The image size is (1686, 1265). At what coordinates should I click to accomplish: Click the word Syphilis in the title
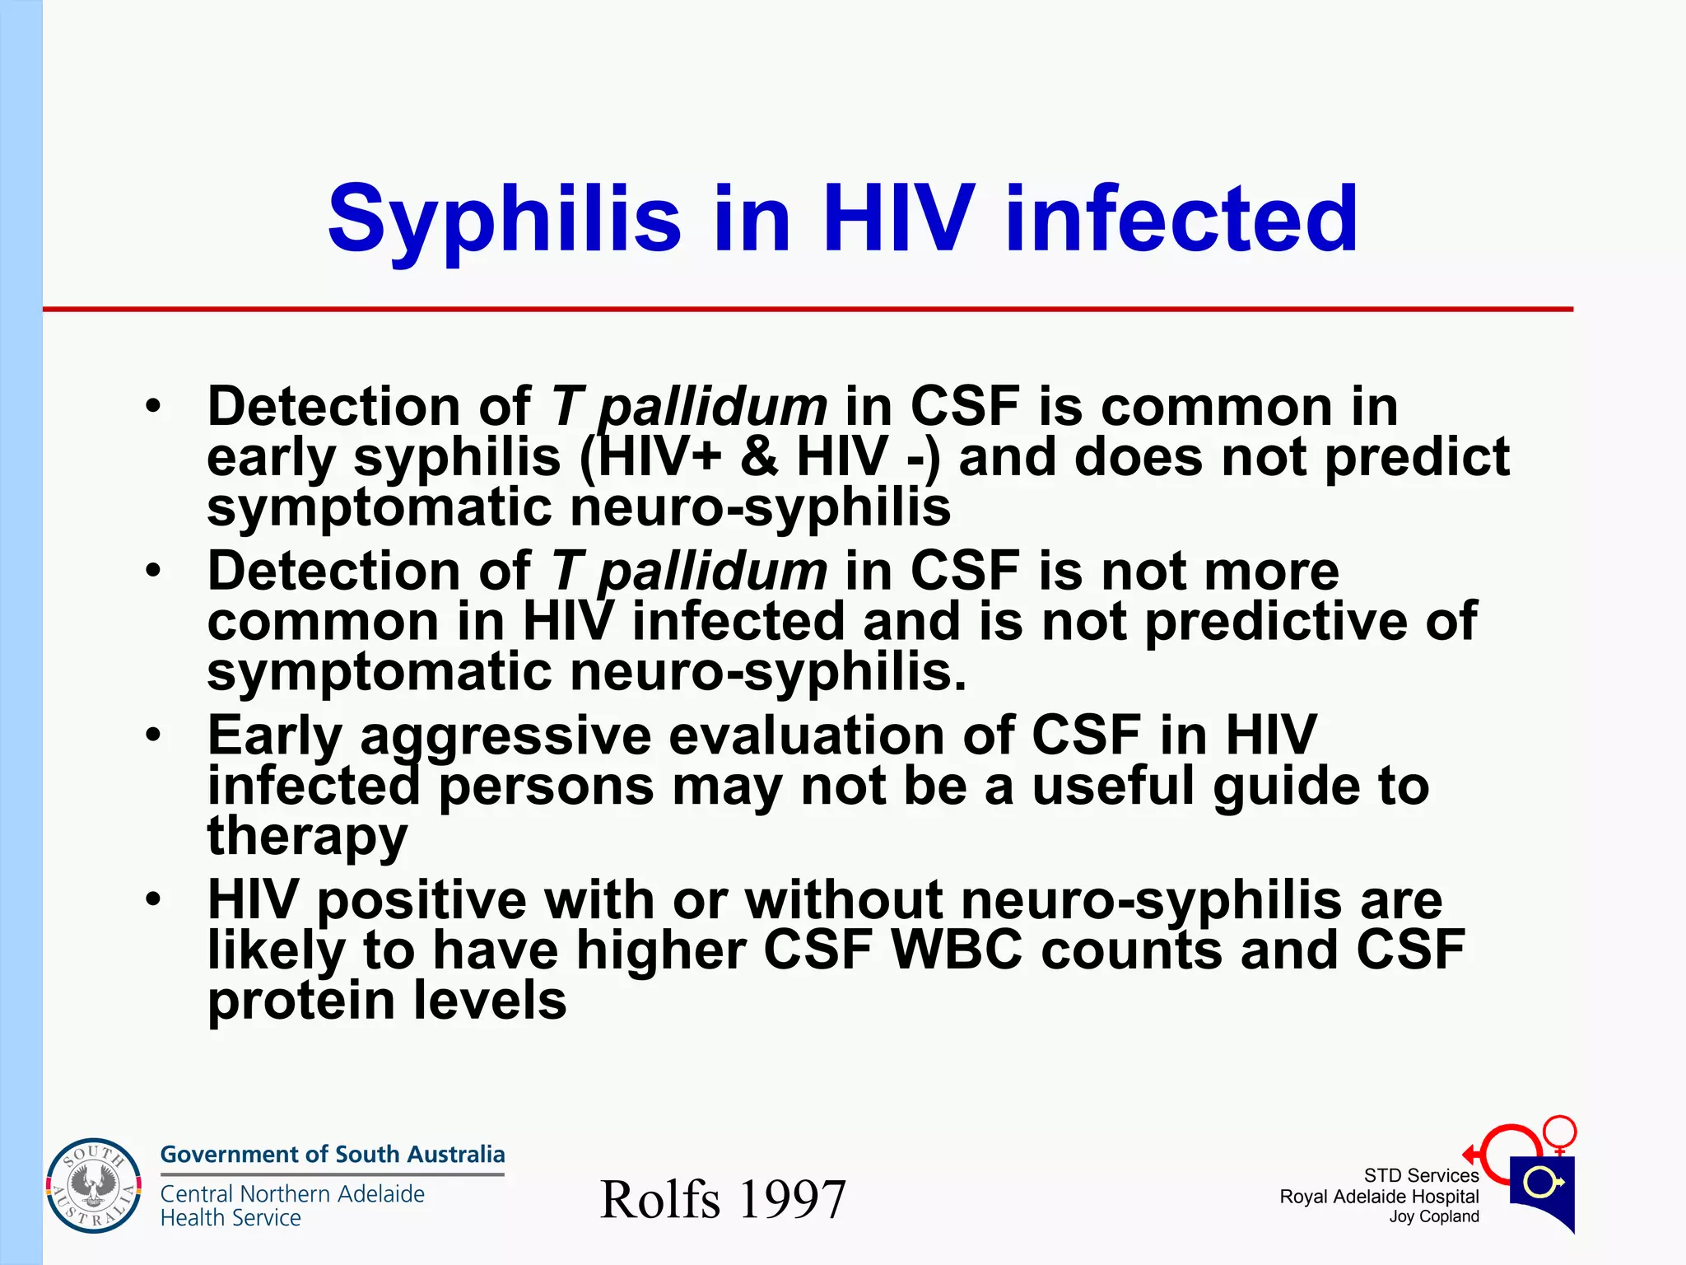504,219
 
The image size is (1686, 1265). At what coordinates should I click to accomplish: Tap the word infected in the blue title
1181,219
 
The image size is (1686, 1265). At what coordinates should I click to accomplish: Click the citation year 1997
792,1199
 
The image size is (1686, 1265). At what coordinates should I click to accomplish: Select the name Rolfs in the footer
659,1199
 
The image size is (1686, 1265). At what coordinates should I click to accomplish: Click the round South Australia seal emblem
93,1186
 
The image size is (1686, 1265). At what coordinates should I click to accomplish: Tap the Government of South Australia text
332,1154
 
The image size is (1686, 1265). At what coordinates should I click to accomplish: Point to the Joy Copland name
1434,1216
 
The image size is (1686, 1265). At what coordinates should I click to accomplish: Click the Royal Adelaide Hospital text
1379,1197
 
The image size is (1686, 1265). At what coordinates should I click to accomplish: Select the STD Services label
1421,1175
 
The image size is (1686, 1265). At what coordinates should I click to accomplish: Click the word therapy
307,837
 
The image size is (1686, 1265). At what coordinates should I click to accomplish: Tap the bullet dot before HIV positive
153,900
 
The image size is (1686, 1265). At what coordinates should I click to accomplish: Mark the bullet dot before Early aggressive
153,735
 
